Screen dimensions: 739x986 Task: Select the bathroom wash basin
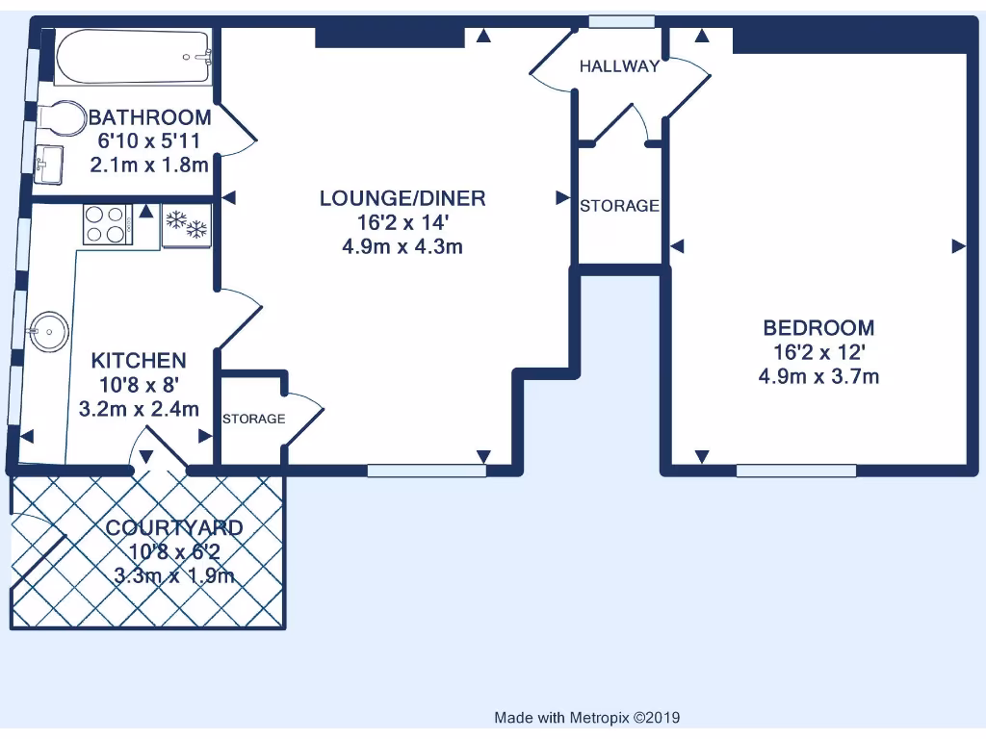pos(50,164)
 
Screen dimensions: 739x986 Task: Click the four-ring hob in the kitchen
pos(106,226)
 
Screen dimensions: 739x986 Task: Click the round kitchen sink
pos(47,334)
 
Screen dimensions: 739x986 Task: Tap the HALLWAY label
pos(619,66)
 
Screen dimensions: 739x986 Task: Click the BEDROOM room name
pos(818,328)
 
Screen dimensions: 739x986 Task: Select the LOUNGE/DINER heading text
pos(402,199)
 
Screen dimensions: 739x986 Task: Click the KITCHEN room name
pos(138,361)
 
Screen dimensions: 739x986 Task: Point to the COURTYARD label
pos(173,527)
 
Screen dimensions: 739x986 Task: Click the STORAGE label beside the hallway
pos(619,206)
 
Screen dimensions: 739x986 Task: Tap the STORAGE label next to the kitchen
pos(253,419)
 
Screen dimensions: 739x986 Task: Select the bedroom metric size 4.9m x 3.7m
pos(818,376)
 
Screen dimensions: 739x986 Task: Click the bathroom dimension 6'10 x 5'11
pos(149,141)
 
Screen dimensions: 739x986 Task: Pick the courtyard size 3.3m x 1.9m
pos(173,576)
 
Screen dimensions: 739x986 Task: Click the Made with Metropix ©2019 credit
pos(586,718)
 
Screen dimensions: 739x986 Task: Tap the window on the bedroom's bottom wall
pos(796,471)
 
